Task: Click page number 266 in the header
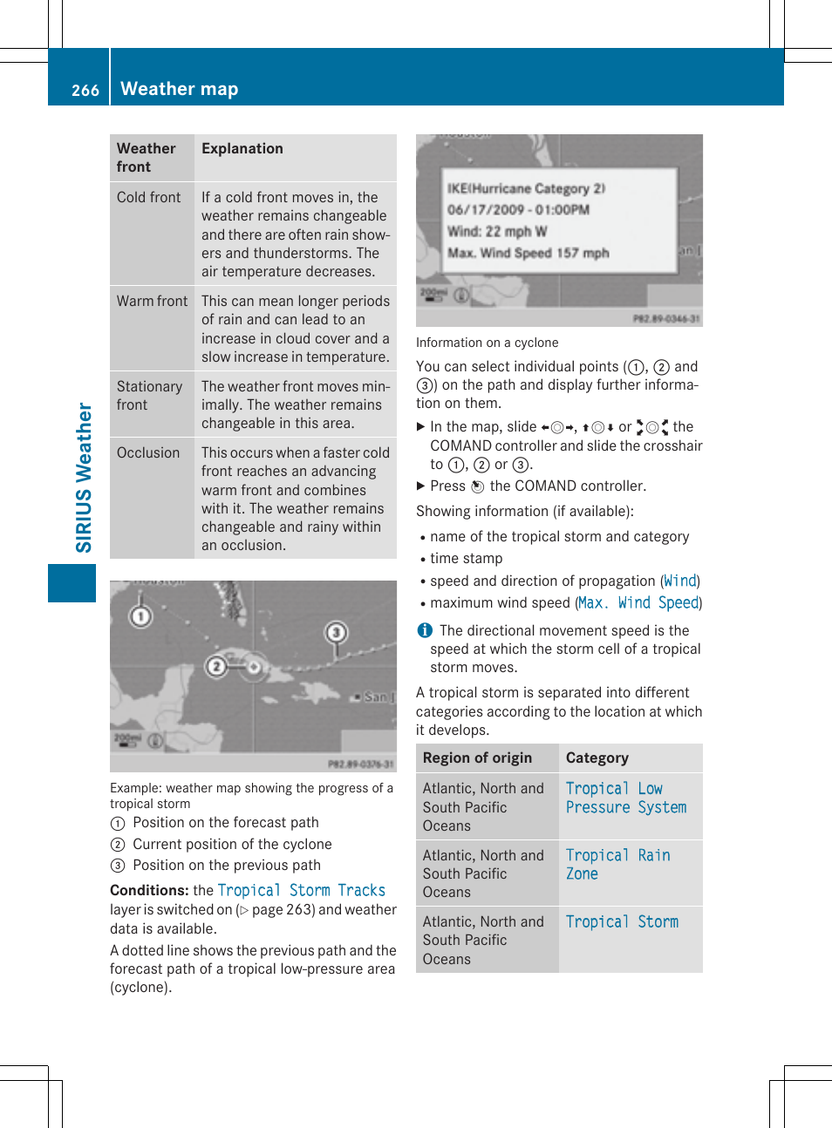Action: pos(85,90)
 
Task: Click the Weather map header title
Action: pos(179,89)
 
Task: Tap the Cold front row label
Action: pos(149,198)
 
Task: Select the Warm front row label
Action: pos(152,301)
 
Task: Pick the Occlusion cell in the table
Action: pos(148,452)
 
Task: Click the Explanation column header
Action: pos(242,148)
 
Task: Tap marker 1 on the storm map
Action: pos(140,617)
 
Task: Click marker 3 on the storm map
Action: pos(337,632)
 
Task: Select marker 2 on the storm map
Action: pos(216,667)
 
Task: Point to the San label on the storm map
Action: pos(375,697)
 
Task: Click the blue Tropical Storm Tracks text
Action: pos(301,890)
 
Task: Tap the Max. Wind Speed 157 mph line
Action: pos(528,253)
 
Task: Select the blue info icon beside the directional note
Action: pos(425,630)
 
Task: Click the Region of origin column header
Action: pos(477,758)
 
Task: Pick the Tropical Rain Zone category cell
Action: pos(617,864)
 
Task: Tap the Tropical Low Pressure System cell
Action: pos(625,798)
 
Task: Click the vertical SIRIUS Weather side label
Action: pos(84,478)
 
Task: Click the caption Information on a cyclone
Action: pos(487,343)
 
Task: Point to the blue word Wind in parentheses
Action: pos(680,581)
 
